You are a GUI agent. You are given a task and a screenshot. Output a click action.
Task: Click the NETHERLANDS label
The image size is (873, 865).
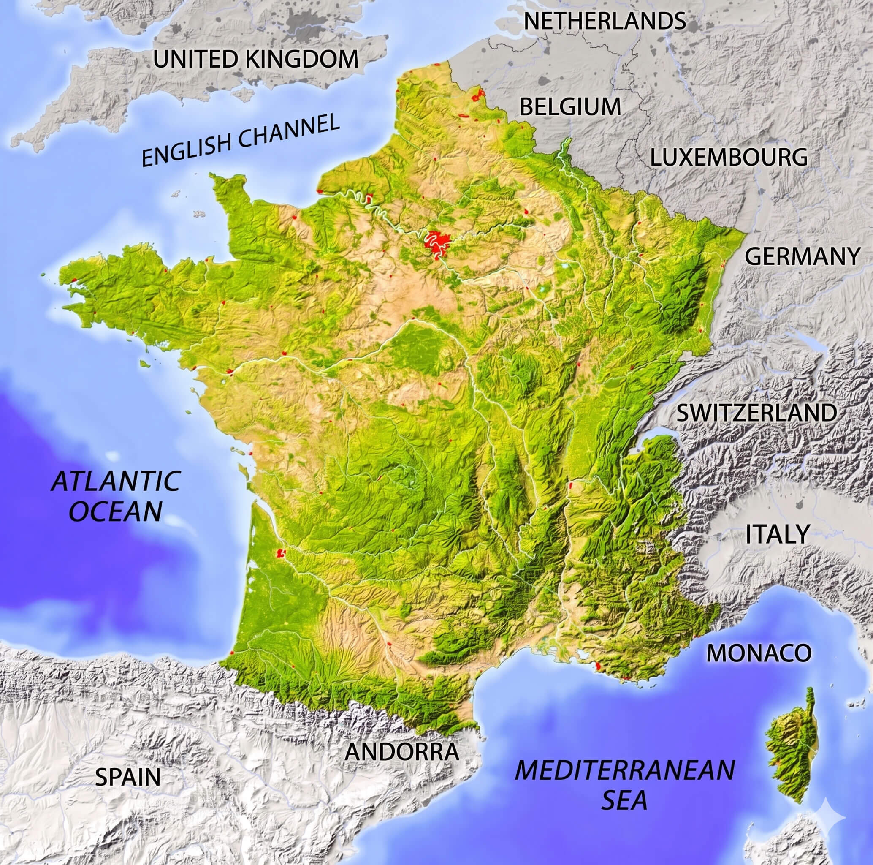point(605,21)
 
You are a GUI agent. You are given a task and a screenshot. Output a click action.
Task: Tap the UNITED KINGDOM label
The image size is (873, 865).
point(256,59)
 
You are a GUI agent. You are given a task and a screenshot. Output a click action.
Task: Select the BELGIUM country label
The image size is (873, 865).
point(570,107)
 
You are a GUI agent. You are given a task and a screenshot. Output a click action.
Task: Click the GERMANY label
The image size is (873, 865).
point(802,256)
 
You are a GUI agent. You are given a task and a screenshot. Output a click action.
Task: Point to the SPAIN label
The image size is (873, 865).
point(128,777)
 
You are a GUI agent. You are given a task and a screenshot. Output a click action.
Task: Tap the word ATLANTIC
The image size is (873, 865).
point(116,481)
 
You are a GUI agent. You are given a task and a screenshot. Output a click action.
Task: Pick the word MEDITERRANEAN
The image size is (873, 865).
point(625,770)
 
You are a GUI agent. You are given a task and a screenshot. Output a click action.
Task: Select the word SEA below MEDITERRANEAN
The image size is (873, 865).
point(624,800)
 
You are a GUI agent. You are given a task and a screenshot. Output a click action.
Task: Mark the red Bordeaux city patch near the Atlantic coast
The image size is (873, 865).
point(281,552)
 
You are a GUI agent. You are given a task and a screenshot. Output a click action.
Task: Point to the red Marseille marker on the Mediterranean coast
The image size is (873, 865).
point(598,666)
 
